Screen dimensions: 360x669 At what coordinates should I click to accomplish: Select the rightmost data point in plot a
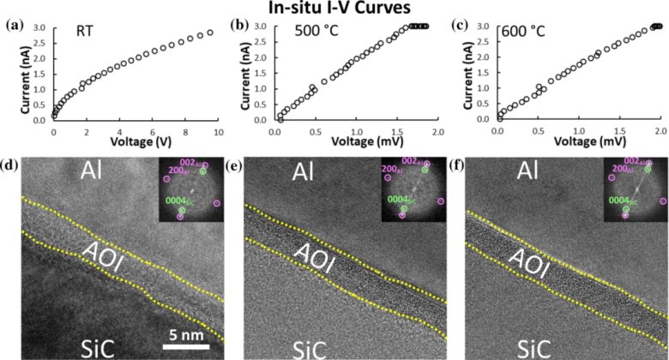click(210, 33)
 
